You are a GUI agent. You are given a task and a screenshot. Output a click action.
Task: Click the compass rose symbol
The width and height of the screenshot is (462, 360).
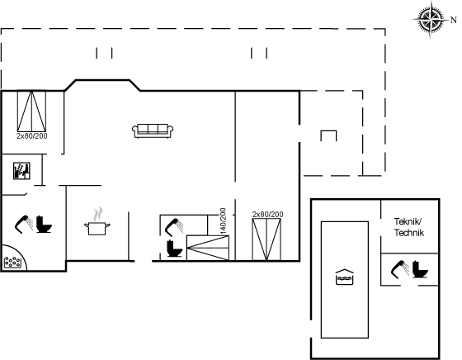tap(430, 20)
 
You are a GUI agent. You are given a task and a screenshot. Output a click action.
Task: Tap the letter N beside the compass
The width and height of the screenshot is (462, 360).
tap(454, 20)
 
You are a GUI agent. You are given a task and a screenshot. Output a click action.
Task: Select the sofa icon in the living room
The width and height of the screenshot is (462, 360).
tap(153, 131)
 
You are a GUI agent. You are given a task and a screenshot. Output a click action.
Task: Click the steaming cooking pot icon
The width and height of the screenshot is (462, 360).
tap(97, 221)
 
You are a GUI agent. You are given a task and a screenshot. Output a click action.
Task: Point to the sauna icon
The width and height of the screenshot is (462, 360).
tap(21, 171)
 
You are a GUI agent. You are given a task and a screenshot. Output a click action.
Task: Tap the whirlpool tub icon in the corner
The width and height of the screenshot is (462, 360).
tap(12, 262)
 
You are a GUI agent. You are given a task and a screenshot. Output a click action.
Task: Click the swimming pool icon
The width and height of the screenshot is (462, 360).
tap(345, 277)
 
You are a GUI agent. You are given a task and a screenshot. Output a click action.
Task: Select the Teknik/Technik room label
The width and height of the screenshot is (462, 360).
tap(409, 227)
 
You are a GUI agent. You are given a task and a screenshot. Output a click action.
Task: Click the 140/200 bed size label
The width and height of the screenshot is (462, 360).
tap(223, 221)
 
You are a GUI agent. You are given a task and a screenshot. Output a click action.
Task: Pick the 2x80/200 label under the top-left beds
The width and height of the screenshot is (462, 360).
tap(32, 136)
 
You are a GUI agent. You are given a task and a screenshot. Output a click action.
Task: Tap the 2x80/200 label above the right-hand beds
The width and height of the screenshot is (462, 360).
tap(267, 215)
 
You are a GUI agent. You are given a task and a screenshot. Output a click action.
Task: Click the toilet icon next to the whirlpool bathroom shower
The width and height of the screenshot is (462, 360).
tap(44, 225)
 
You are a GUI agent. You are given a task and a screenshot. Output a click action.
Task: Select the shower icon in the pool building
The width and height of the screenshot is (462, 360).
tap(400, 269)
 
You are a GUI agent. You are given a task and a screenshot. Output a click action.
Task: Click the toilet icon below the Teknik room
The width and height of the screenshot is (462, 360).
tap(420, 269)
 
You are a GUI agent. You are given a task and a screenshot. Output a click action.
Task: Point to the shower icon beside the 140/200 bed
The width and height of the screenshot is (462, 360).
tap(174, 227)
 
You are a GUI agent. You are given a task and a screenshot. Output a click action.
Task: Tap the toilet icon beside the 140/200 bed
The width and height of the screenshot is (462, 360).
tap(174, 249)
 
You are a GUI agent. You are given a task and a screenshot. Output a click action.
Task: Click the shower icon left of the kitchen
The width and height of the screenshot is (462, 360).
tap(24, 225)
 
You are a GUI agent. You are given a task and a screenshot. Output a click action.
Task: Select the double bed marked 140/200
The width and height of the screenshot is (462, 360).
tap(208, 248)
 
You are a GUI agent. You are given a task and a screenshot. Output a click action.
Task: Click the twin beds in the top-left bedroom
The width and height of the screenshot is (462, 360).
tap(31, 111)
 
